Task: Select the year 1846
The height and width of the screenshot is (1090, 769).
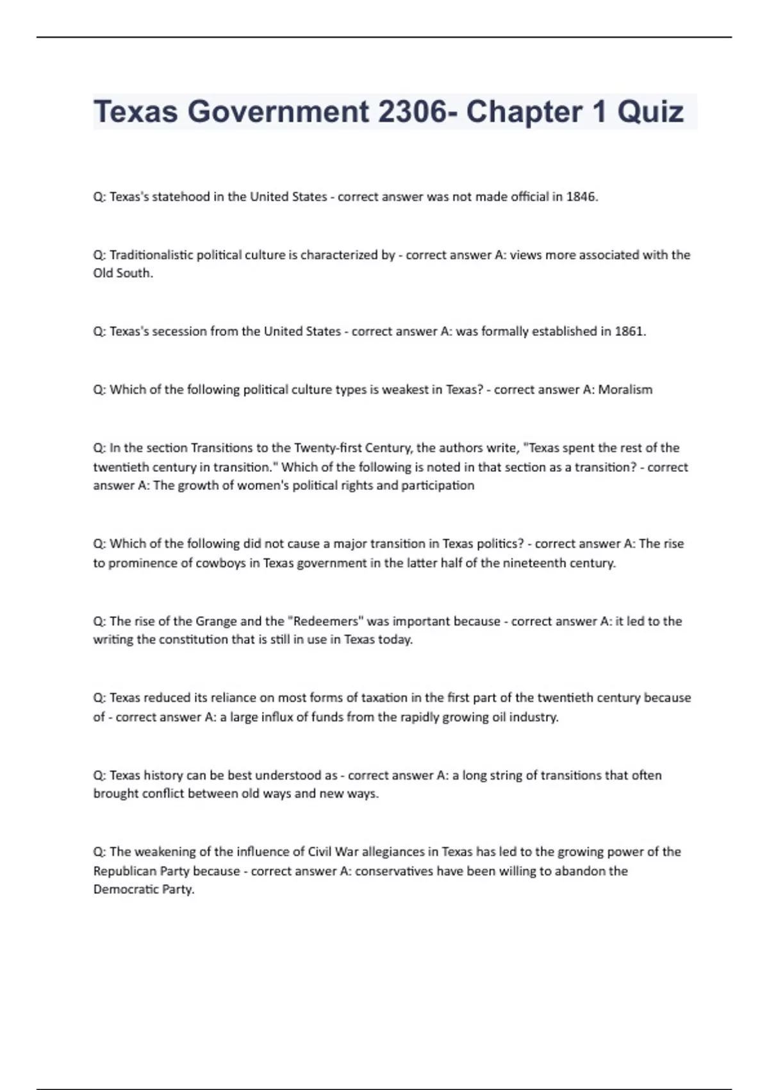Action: tap(581, 197)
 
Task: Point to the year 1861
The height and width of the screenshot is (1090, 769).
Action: tap(629, 331)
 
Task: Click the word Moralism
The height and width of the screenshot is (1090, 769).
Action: tap(625, 390)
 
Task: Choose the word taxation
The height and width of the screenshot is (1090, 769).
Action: tap(376, 698)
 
